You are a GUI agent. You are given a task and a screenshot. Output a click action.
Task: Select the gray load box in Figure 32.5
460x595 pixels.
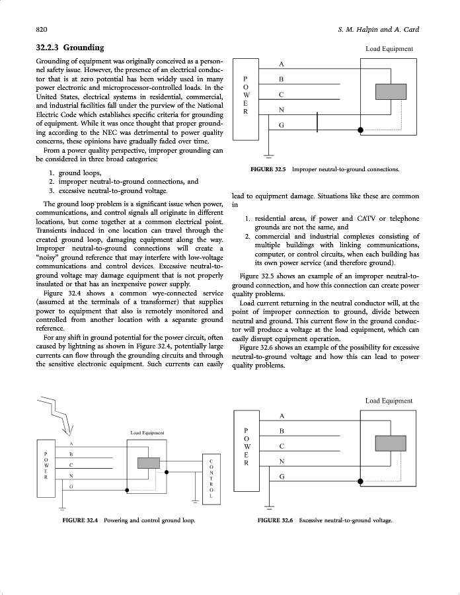(x=390, y=92)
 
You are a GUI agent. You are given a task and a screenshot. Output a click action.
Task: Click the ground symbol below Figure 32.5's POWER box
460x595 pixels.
(x=268, y=157)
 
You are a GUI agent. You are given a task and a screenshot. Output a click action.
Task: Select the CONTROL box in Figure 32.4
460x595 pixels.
(x=211, y=477)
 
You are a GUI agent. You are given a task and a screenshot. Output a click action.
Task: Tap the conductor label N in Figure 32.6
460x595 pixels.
(x=282, y=461)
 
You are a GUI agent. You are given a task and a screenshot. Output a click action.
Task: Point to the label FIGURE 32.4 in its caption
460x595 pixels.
(x=80, y=520)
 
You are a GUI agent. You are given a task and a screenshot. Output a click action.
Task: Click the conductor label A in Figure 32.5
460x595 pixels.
(x=282, y=64)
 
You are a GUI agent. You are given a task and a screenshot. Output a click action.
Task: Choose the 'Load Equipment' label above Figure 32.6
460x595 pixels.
(x=389, y=401)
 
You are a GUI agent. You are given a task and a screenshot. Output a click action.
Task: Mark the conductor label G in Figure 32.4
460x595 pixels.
(x=71, y=487)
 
